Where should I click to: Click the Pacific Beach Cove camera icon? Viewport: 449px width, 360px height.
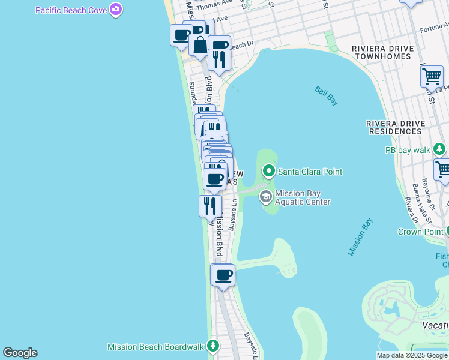tap(116, 10)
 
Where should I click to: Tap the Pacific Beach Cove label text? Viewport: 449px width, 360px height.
tap(71, 10)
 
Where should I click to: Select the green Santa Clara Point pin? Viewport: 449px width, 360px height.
tap(269, 172)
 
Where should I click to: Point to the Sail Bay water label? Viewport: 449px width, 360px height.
tap(327, 96)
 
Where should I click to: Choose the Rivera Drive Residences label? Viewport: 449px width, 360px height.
tap(394, 127)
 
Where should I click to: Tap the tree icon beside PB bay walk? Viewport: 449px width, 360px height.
tap(441, 149)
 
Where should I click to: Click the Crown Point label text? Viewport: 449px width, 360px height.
tap(420, 232)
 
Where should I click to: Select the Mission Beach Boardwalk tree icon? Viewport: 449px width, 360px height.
tap(212, 346)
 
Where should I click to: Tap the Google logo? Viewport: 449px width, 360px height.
tap(20, 353)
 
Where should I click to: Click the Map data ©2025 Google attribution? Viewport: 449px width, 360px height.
tap(412, 355)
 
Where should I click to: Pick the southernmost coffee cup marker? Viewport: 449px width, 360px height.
tap(223, 275)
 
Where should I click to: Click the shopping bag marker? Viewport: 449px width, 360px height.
tap(199, 46)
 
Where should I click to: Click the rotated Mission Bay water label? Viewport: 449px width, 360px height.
tap(360, 237)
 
